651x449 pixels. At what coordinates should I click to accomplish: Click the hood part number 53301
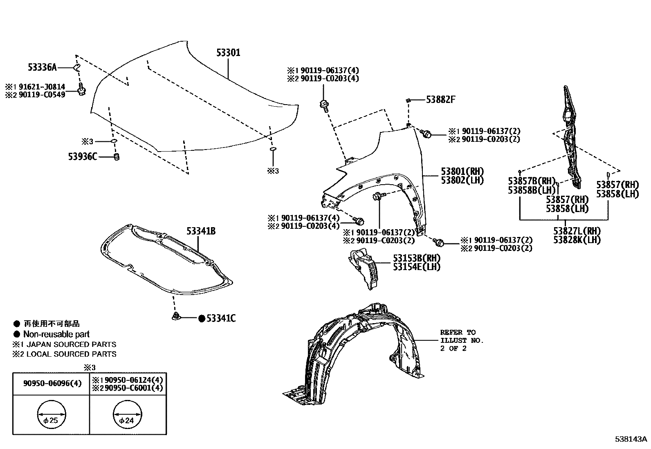pos(228,53)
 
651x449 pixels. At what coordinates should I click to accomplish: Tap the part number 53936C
pos(82,156)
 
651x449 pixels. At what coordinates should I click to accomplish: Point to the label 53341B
pos(201,231)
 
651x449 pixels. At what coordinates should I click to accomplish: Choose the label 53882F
pos(440,99)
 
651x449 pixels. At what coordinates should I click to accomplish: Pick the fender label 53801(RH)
pos(462,171)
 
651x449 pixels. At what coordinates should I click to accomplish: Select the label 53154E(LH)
pos(417,267)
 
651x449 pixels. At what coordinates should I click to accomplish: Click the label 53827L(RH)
pos(577,231)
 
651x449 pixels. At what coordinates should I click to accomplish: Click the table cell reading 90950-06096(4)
pos(52,383)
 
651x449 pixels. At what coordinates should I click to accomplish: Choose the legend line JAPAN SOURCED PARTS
pos(71,344)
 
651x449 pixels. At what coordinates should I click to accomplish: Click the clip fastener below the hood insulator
pos(176,316)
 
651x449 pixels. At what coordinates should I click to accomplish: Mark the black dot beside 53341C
pos(201,319)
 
